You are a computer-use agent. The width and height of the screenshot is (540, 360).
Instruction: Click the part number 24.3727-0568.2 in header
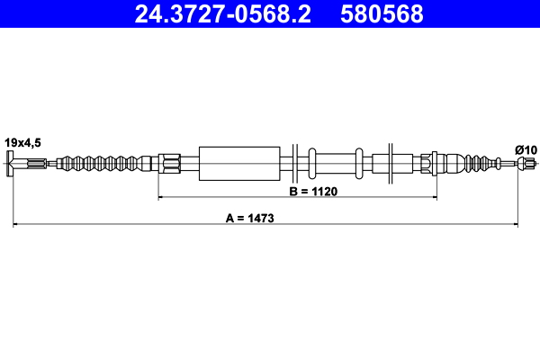point(223,14)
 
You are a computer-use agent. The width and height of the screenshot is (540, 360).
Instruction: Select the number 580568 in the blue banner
point(382,14)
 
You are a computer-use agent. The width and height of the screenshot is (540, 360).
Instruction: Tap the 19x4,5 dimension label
point(22,142)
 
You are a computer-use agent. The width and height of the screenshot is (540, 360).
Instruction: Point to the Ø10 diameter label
point(526,150)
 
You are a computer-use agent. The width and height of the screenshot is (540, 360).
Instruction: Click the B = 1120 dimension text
point(313,191)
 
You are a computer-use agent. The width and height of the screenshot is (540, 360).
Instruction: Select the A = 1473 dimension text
point(250,218)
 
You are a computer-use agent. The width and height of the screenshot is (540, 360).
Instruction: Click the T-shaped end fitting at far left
point(10,163)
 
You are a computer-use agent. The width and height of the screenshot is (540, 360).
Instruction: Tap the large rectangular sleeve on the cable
point(239,164)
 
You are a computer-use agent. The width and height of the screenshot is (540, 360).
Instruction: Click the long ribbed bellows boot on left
point(103,163)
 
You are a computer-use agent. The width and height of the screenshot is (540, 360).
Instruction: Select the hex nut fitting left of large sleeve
point(169,163)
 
